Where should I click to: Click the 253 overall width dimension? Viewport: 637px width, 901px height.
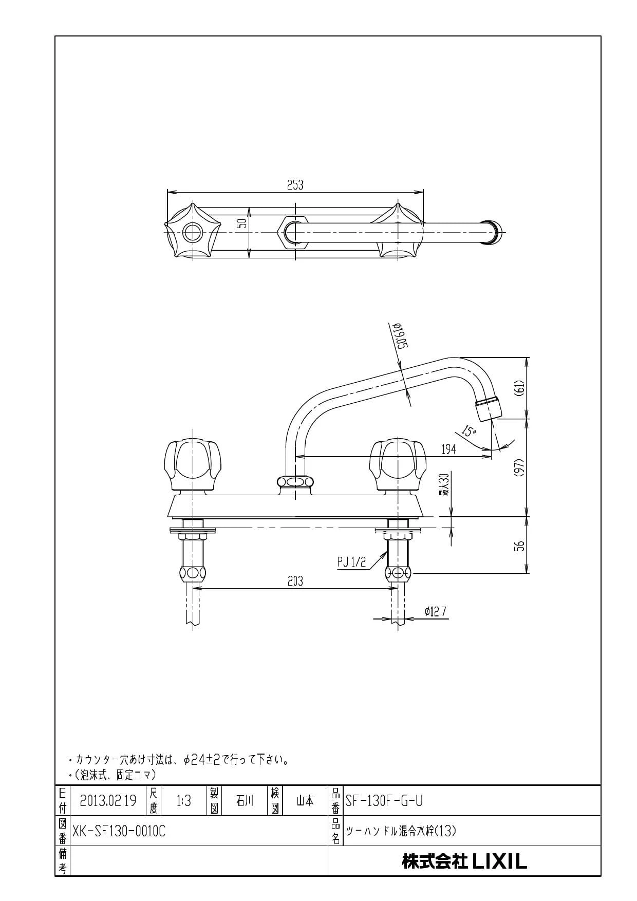point(295,185)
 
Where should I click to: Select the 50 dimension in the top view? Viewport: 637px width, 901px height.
point(242,223)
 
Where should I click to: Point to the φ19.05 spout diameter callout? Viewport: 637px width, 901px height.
point(400,336)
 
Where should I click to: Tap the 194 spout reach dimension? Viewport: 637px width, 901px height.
point(448,449)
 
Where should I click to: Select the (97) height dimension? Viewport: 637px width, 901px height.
point(519,467)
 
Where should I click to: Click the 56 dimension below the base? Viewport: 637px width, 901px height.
point(519,545)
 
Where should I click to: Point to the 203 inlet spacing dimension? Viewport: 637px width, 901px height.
point(295,581)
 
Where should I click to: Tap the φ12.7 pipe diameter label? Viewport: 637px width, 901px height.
point(435,611)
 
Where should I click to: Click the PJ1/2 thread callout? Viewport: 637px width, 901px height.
point(351,562)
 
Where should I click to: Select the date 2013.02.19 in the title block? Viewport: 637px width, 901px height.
point(108,801)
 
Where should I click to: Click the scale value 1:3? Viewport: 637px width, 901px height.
point(183,801)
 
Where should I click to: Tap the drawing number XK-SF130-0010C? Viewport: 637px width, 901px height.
point(119,831)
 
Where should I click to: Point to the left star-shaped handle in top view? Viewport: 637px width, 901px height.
point(193,232)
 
